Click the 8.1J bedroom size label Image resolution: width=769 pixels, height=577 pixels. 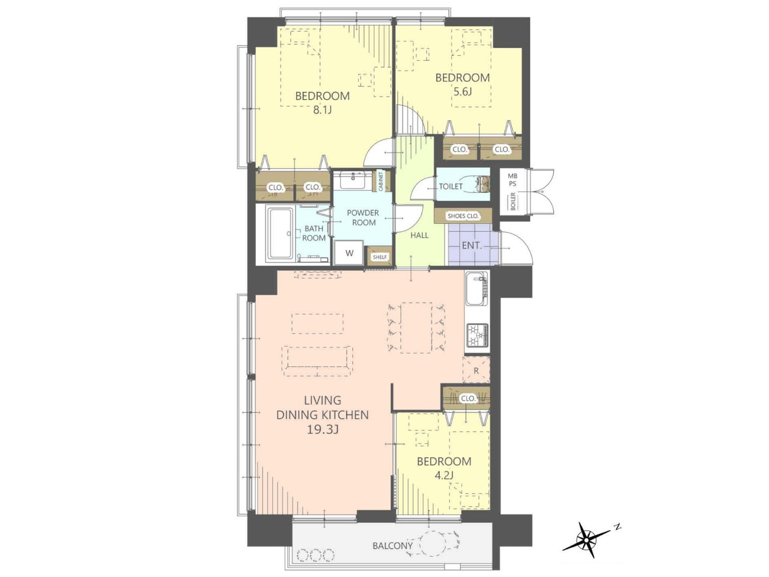(x=322, y=111)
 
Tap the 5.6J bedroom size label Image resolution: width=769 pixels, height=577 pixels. (x=463, y=92)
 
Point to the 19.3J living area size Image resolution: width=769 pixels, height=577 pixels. (x=322, y=430)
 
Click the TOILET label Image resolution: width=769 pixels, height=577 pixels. (x=451, y=187)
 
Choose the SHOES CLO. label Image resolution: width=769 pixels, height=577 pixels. (x=463, y=216)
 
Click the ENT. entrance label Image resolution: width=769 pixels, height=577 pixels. (x=472, y=246)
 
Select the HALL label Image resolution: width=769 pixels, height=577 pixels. (x=419, y=235)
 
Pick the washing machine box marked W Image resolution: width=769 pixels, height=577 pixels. (x=349, y=252)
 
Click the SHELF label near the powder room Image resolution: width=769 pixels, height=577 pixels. (x=380, y=257)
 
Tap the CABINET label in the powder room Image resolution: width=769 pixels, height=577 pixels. (x=381, y=181)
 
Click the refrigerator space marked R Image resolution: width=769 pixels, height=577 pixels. (x=476, y=370)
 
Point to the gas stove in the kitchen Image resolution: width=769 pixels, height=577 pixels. (x=477, y=335)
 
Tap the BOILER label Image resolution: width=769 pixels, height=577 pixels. (x=513, y=201)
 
